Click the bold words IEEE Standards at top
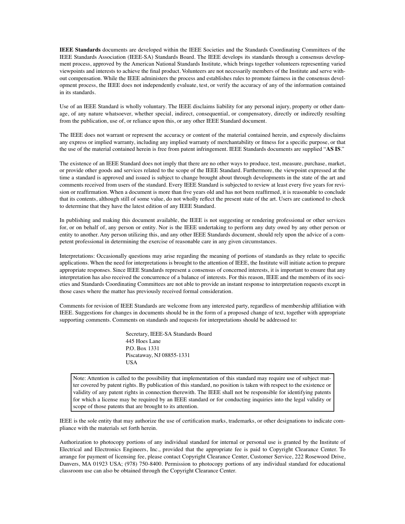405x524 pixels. (x=80, y=50)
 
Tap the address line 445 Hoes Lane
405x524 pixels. (x=143, y=341)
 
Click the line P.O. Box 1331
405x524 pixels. (x=142, y=348)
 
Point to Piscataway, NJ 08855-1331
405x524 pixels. (x=158, y=355)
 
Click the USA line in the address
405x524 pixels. (x=131, y=363)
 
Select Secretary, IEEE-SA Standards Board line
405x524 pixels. (x=168, y=334)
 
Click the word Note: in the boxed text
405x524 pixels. (x=80, y=378)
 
